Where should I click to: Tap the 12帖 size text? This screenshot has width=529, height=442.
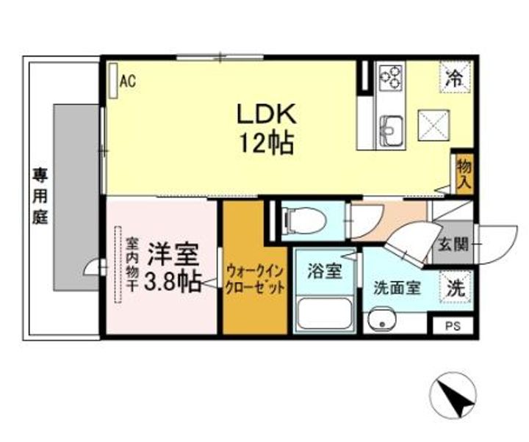click(265, 142)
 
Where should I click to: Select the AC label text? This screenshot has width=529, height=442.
click(128, 81)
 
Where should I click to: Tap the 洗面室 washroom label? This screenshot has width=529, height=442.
click(397, 288)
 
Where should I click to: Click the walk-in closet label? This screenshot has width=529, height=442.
click(255, 279)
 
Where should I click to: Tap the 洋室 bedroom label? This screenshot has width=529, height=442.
click(172, 255)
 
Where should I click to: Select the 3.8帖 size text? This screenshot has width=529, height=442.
click(172, 283)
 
